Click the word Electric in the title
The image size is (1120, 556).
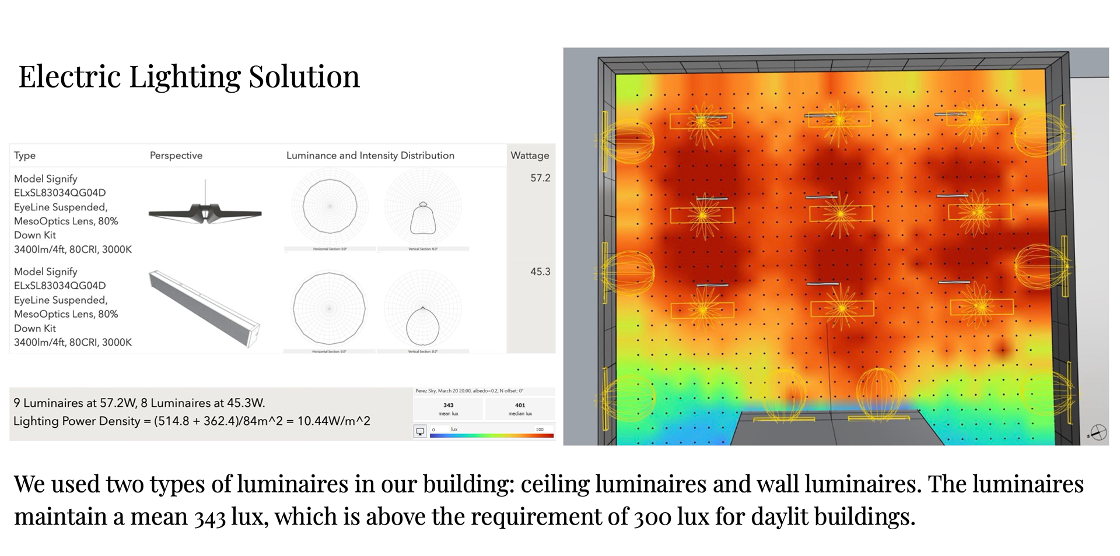click(69, 76)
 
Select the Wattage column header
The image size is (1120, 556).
click(530, 156)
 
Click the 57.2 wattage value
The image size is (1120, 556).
click(540, 178)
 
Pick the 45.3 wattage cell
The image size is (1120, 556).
click(540, 272)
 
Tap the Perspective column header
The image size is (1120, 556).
click(176, 156)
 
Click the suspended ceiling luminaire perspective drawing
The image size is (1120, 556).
click(205, 213)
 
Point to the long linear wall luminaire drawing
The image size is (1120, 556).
click(204, 309)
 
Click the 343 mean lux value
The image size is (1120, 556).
click(448, 405)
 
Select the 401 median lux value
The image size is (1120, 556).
click(520, 405)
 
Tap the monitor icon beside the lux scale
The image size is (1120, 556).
click(420, 432)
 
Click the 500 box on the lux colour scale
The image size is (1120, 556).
click(540, 430)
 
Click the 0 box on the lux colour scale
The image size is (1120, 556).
click(433, 430)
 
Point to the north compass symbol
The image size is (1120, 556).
click(1098, 433)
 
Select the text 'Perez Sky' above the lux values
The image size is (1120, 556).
click(426, 391)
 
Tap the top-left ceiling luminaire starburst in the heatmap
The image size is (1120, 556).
click(702, 121)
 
